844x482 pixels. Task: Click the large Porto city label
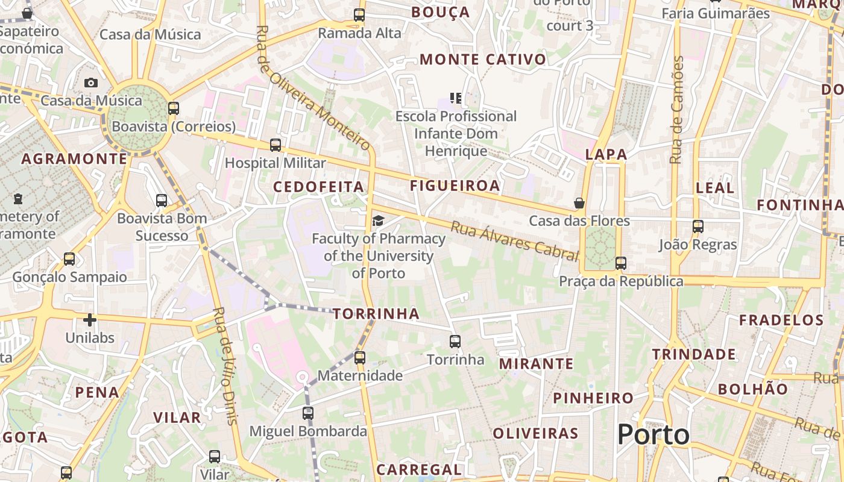(653, 434)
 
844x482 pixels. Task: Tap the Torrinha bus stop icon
(455, 342)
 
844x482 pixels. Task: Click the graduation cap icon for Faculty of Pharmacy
(378, 221)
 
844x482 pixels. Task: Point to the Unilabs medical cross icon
(90, 320)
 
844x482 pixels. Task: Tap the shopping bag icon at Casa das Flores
(579, 203)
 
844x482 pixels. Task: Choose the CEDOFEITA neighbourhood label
(319, 187)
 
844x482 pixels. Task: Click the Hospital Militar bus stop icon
(276, 145)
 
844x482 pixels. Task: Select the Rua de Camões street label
(677, 110)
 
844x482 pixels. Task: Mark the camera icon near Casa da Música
(91, 83)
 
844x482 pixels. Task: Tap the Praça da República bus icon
(621, 263)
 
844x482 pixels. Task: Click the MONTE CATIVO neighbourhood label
(483, 60)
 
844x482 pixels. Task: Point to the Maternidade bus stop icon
(360, 358)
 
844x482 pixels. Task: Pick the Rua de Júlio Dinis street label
(225, 366)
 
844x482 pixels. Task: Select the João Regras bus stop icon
(698, 227)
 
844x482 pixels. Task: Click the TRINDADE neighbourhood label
(694, 354)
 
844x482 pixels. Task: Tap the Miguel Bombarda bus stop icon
(308, 413)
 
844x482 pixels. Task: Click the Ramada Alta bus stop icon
(359, 15)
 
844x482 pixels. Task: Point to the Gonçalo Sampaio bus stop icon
(69, 259)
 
